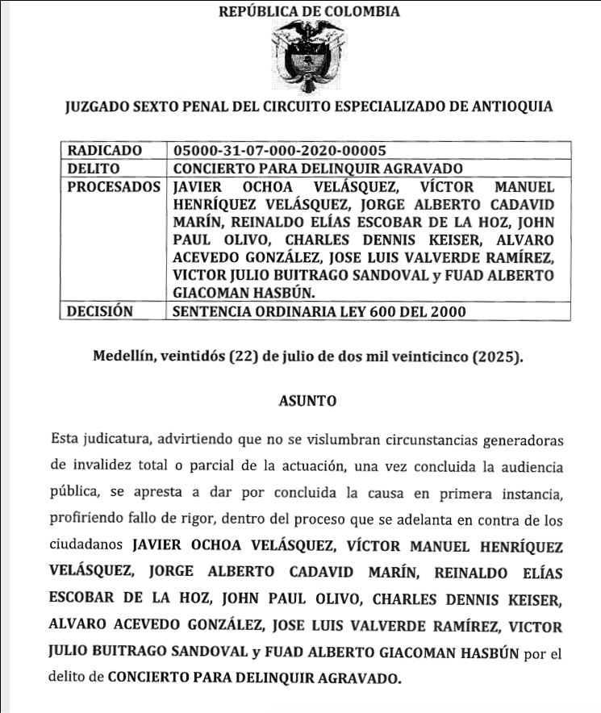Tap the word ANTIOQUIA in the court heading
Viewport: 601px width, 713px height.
(x=513, y=106)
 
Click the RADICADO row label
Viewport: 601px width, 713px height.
(x=105, y=151)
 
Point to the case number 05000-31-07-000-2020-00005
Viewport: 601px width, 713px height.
(x=280, y=151)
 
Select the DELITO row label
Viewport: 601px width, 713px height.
(x=94, y=169)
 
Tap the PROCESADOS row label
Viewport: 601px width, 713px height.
(x=112, y=186)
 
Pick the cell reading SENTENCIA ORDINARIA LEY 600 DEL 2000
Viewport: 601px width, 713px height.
(x=319, y=311)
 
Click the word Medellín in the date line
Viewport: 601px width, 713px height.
(x=124, y=356)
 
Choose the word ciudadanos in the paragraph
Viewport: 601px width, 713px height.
(x=85, y=547)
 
